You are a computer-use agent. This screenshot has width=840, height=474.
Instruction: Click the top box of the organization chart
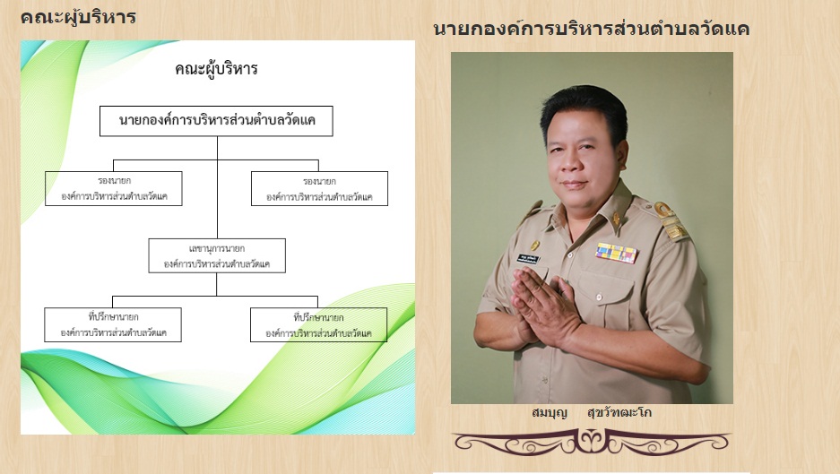216,121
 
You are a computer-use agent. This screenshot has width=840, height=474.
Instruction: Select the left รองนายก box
114,188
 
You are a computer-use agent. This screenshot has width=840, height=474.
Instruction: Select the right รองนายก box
319,188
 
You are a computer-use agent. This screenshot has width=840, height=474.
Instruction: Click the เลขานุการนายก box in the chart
217,256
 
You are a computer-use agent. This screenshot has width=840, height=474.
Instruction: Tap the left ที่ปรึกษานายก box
113,324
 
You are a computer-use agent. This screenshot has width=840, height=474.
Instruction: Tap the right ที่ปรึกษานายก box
319,324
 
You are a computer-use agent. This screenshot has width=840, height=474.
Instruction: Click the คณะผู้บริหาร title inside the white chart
216,69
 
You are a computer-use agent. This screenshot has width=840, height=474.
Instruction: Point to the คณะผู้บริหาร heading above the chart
78,17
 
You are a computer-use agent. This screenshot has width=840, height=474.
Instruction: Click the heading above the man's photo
591,29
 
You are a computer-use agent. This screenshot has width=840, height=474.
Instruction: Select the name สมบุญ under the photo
550,413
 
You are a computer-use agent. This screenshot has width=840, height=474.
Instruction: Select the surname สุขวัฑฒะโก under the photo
619,413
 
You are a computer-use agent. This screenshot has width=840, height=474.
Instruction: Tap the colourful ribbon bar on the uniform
617,253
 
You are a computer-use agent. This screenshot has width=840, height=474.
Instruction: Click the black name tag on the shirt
528,259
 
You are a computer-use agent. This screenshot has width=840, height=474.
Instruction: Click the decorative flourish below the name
592,442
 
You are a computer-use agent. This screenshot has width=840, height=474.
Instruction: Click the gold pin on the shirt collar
616,219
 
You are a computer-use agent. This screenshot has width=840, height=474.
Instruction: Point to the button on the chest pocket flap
598,297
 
